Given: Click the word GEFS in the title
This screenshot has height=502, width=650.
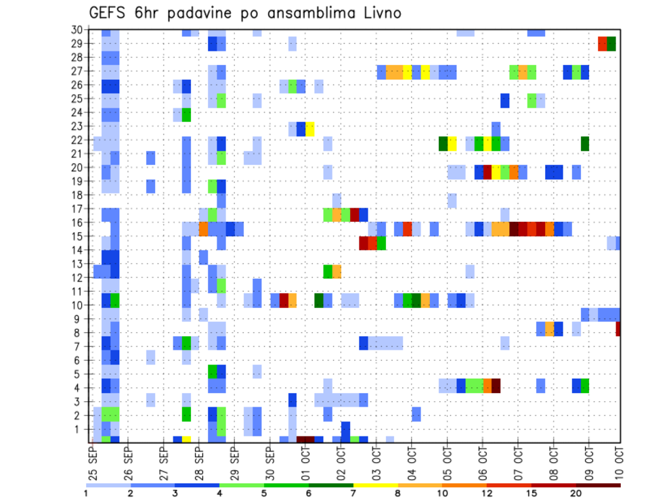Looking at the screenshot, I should click(x=108, y=13).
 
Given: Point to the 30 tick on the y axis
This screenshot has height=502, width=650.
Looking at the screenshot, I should click(x=77, y=30).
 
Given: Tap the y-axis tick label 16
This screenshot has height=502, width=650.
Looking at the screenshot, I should click(x=77, y=223).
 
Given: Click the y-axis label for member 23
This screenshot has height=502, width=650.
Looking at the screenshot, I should click(x=77, y=126).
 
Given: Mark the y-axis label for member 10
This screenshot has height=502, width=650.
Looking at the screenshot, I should click(x=77, y=305).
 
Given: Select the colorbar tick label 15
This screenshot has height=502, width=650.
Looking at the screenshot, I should click(x=532, y=494).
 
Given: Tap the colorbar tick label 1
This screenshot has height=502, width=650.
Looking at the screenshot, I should click(x=86, y=494).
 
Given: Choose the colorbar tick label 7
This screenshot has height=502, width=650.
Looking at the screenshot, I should click(x=353, y=494).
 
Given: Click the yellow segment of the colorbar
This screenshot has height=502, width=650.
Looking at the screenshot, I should click(x=375, y=484).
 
